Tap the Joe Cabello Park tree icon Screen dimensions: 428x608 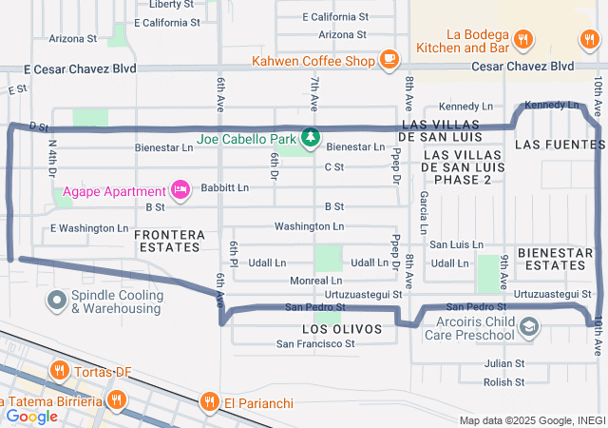point(310,139)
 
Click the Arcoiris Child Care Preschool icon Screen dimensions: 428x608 point(529,328)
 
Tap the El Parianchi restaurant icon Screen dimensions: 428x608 point(209,402)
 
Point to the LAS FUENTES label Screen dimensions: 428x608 point(560,145)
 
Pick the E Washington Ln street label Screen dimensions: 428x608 point(88,228)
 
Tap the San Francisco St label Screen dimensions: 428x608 point(315,343)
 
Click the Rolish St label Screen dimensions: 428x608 point(503,382)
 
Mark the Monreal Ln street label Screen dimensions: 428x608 point(316,281)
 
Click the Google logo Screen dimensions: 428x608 point(31,416)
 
